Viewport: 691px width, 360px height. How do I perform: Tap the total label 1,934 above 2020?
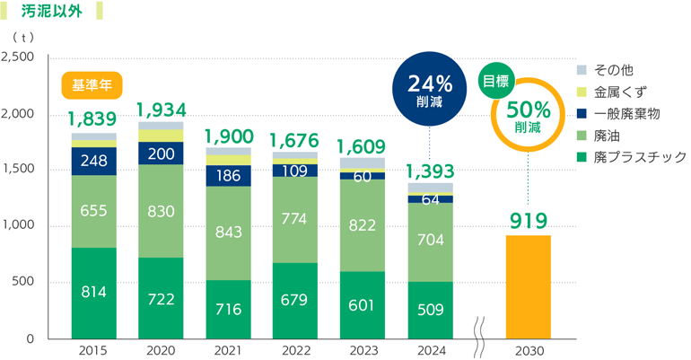point(162,110)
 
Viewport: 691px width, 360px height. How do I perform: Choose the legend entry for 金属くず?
point(620,92)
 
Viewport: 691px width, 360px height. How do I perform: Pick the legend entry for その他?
point(614,70)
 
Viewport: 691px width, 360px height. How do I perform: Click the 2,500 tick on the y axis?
point(19,57)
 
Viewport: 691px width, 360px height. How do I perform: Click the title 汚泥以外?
point(53,13)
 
